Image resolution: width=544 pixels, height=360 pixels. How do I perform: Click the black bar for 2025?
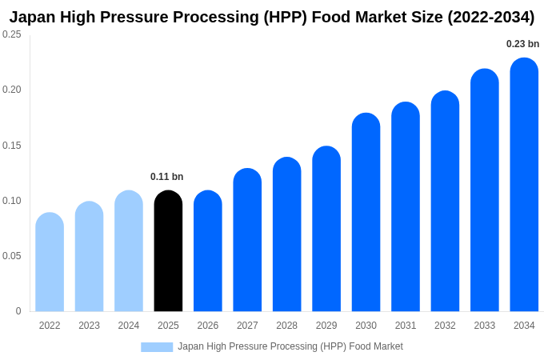click(x=168, y=251)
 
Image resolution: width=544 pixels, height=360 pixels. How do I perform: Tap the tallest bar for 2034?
click(x=524, y=185)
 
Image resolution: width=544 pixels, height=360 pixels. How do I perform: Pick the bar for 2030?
click(x=366, y=213)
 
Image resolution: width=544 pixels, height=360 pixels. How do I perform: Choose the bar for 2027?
click(x=247, y=240)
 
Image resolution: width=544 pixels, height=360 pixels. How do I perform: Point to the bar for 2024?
click(x=129, y=251)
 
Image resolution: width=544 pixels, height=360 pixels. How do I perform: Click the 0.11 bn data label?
click(x=166, y=177)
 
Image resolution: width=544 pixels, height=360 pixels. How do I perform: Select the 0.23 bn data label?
click(x=522, y=44)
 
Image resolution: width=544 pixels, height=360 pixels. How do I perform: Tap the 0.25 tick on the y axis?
click(x=12, y=34)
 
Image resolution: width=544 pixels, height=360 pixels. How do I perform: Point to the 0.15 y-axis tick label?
click(x=12, y=146)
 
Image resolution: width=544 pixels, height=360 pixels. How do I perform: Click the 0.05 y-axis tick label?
click(x=12, y=256)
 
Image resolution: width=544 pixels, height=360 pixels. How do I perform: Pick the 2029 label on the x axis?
click(x=326, y=326)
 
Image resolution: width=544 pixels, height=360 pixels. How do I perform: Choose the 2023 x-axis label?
click(x=89, y=326)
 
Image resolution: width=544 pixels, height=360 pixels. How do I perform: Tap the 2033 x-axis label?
click(x=484, y=326)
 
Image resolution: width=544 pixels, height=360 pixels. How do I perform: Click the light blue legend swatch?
click(x=157, y=347)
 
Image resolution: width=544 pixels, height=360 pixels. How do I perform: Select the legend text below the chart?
click(x=290, y=346)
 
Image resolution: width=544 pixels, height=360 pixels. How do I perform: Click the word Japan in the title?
click(x=32, y=17)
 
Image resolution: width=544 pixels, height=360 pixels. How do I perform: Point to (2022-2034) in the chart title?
click(x=486, y=17)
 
